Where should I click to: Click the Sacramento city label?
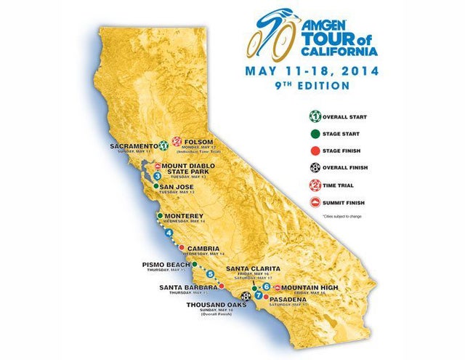134,146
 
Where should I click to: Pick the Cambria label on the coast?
203,248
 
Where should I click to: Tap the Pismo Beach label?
166,264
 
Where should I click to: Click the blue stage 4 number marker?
169,233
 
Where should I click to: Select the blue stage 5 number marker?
210,275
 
